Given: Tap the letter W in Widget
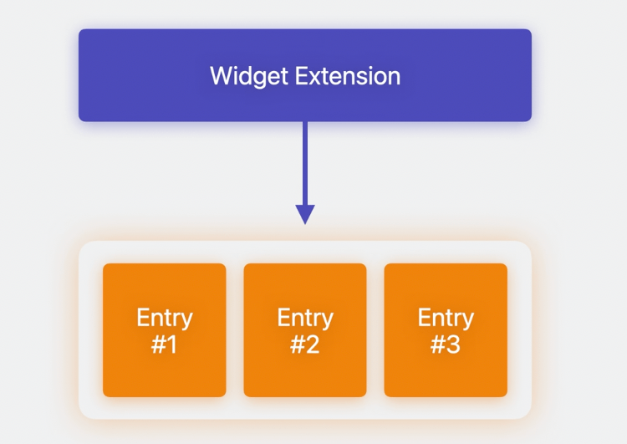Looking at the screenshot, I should [x=221, y=76].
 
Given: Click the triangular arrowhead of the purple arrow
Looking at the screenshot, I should [x=305, y=213].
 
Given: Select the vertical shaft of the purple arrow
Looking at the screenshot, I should [x=305, y=163].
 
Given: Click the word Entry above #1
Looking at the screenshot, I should [x=164, y=318].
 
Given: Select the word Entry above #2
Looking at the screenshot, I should [x=305, y=318].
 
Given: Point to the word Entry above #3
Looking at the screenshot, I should [x=446, y=318].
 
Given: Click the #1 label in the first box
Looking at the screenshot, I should [x=164, y=344].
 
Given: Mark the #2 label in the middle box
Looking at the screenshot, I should [x=305, y=344].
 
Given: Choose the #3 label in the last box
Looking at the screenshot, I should [x=446, y=344].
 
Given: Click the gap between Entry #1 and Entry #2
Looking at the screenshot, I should [x=235, y=330].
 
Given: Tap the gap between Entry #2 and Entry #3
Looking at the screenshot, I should [x=375, y=330].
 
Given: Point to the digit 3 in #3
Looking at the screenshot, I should [x=454, y=344].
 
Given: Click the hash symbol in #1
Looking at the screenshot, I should [x=158, y=344].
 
